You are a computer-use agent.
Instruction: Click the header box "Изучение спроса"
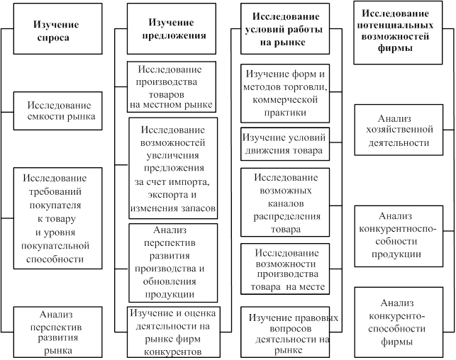58,29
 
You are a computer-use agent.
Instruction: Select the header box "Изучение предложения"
172,29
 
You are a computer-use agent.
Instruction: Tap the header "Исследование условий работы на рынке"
285,29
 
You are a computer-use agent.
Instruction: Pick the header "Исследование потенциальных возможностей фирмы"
398,33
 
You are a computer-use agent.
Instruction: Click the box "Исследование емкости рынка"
58,111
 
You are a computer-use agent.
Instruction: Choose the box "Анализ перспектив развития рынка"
58,332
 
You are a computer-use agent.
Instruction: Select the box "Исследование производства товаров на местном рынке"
172,87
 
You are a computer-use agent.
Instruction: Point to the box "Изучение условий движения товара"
285,144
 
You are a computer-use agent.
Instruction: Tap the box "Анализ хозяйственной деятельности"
399,130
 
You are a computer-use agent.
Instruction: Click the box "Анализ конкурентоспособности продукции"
399,236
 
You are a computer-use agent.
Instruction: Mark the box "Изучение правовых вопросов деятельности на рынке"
285,332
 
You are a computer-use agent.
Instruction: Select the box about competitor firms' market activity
174,332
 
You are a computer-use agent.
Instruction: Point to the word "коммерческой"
285,100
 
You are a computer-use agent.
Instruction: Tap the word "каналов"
286,203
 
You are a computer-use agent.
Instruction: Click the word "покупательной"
55,246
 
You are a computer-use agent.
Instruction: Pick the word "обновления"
169,281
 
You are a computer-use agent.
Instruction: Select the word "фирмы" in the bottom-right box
396,342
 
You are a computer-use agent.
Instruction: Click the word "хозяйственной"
399,130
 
